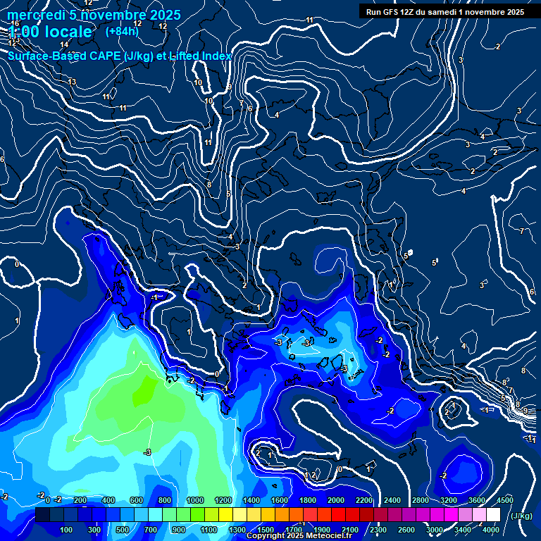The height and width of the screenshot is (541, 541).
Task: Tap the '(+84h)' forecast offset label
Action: point(122,31)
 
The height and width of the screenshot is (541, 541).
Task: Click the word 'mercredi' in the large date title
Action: point(36,15)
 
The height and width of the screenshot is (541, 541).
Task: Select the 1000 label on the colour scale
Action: point(194,500)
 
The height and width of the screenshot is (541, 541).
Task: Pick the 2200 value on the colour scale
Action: point(364,500)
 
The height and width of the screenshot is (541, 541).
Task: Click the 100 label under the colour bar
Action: point(66,530)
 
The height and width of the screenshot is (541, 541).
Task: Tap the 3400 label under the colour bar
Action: point(463,530)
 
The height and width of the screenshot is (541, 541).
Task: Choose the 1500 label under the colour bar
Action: point(265,530)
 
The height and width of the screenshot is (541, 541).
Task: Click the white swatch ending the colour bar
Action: point(493,515)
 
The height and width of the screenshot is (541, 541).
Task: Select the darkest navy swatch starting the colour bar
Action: point(42,515)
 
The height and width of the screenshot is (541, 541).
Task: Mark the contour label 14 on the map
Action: point(64,45)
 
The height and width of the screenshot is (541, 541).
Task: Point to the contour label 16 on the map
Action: point(15,24)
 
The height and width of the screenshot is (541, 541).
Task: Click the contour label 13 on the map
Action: point(72,82)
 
